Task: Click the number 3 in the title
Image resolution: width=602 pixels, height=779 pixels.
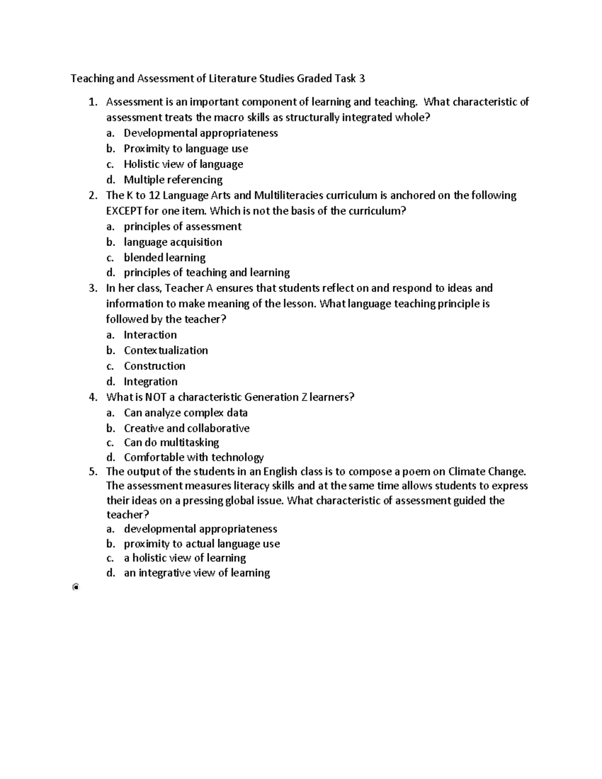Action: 362,78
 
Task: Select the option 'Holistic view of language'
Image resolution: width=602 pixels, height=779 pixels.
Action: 183,164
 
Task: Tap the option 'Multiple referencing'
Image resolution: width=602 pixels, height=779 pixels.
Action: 173,180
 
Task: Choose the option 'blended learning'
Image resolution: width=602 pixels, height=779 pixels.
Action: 165,257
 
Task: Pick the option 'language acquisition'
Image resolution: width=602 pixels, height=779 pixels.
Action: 173,242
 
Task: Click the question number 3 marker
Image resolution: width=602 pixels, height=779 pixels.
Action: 92,288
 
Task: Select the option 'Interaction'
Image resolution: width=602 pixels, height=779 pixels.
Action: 150,335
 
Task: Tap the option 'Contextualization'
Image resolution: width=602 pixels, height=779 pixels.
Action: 166,350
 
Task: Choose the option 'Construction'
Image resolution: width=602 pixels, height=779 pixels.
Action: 155,366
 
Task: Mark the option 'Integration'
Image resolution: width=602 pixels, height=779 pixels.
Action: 150,381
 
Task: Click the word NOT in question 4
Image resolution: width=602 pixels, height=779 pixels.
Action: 156,397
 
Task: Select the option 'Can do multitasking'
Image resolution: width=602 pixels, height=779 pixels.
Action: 171,442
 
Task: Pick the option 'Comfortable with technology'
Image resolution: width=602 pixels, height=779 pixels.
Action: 194,457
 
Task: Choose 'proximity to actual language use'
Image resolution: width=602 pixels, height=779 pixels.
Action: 202,544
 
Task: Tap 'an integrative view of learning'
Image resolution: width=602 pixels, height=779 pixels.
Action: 197,573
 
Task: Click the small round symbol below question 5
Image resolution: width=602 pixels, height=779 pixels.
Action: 75,587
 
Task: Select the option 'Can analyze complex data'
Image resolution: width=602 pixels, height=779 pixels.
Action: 186,413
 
